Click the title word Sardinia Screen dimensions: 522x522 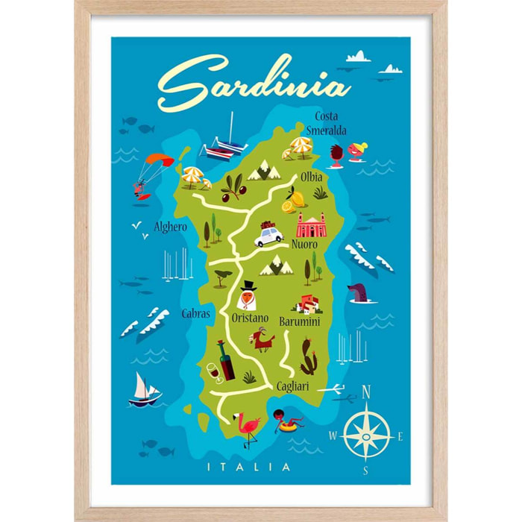[254, 84]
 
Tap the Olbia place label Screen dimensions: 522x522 [311, 177]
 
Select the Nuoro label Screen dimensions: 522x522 [304, 244]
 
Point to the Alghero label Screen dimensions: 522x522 [170, 226]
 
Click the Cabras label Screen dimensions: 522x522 [195, 314]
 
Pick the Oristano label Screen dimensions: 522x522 [250, 318]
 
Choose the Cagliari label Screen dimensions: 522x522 [289, 386]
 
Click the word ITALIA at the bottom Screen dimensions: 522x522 [260, 468]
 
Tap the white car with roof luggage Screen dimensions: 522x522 [268, 235]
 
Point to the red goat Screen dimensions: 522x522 [262, 340]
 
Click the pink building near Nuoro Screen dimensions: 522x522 [312, 224]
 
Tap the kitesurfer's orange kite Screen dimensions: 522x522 [158, 160]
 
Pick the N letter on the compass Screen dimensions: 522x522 [366, 392]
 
